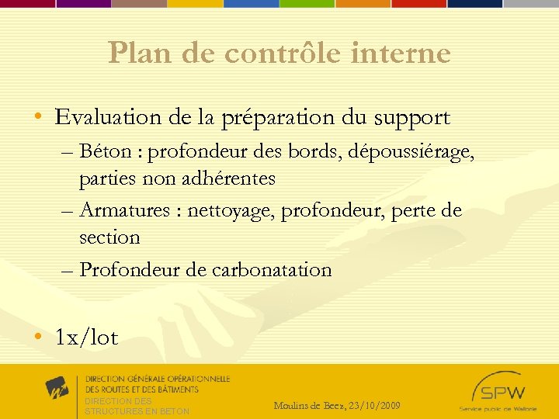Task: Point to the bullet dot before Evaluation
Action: [x=38, y=118]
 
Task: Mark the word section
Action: [x=109, y=237]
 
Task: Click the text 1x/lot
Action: [x=86, y=338]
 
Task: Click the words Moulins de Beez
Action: [x=310, y=405]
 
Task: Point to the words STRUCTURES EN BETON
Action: [x=137, y=411]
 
